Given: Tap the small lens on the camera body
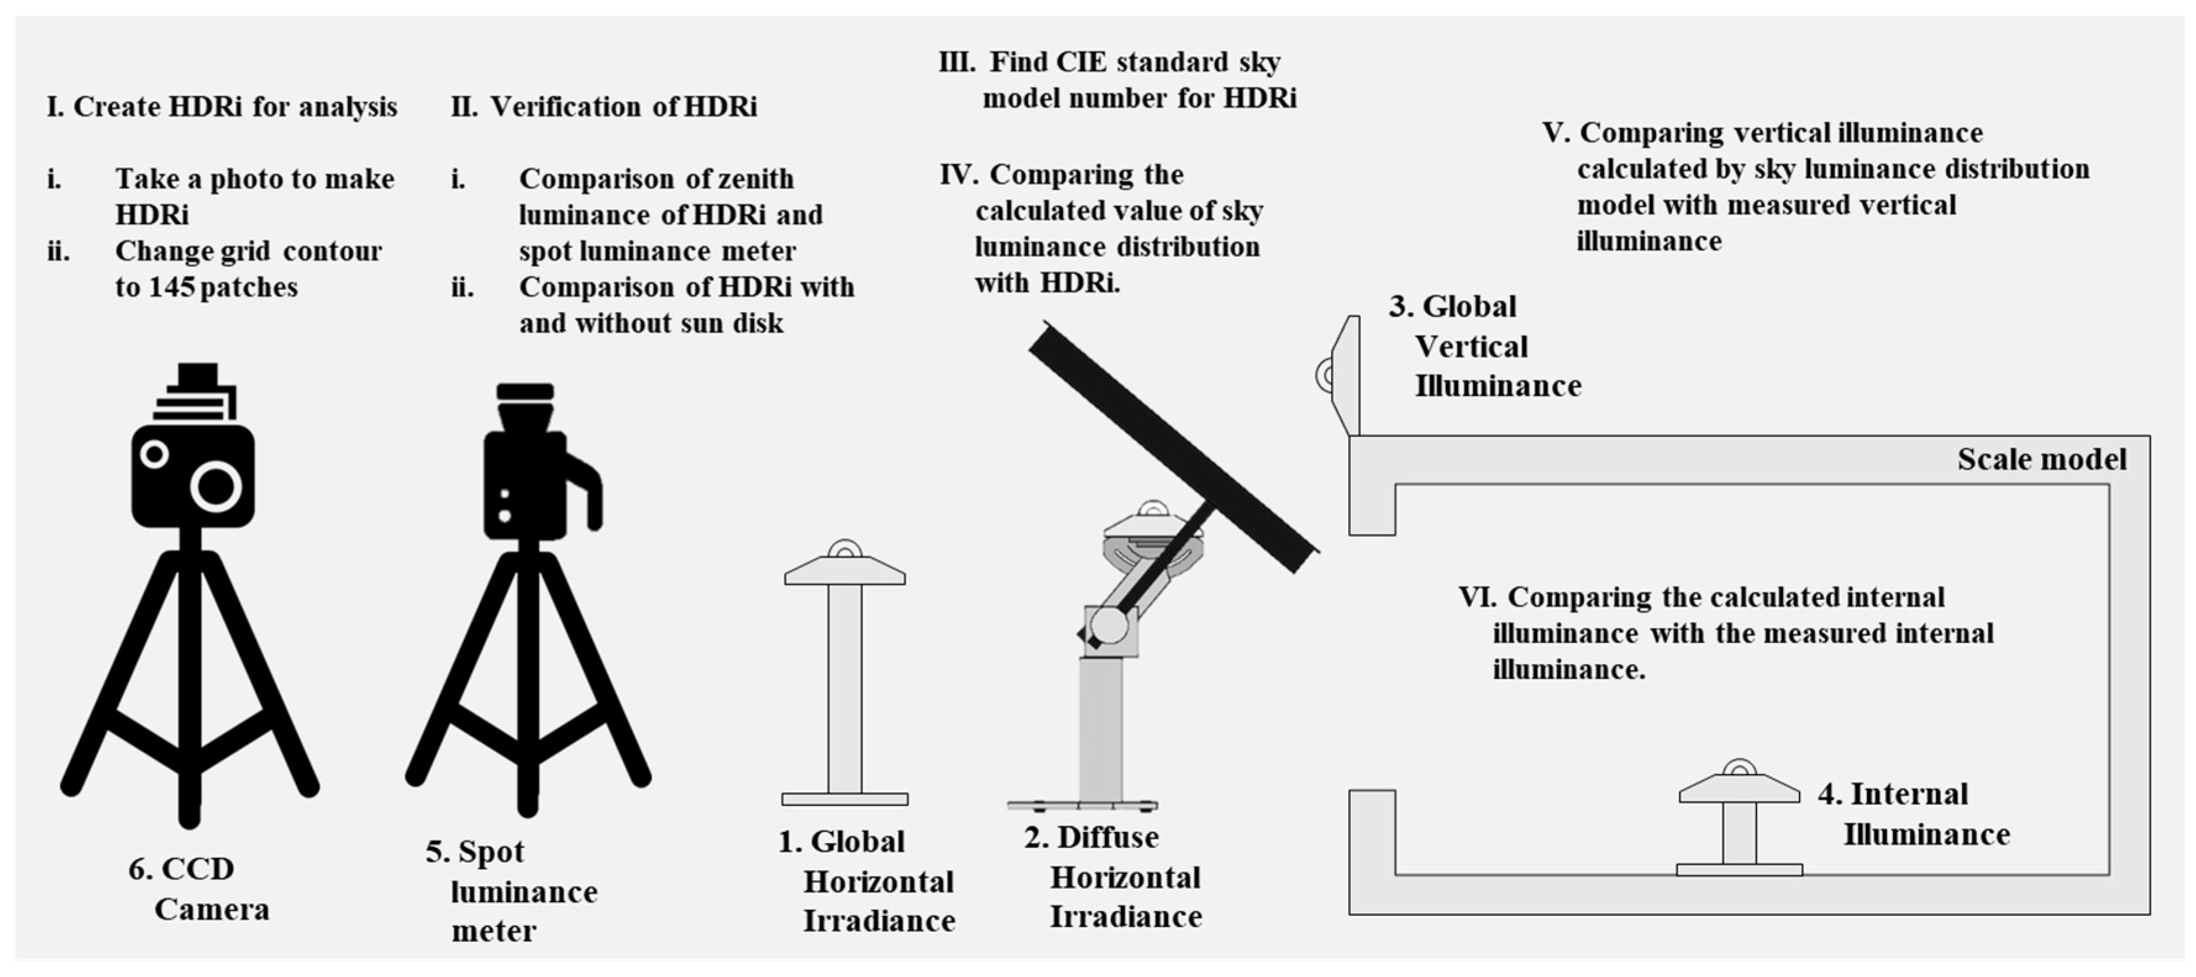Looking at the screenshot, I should click(154, 454).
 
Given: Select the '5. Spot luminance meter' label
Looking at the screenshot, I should click(511, 891).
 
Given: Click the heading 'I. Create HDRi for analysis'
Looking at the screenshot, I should click(222, 107).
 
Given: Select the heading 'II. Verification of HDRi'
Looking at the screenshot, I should click(604, 107).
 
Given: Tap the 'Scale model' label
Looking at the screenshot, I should click(2041, 460).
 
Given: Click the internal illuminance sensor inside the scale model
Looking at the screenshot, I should click(1739, 818).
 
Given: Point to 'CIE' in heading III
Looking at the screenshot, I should click(1081, 63).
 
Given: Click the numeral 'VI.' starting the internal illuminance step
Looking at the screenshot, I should click(1477, 597).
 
